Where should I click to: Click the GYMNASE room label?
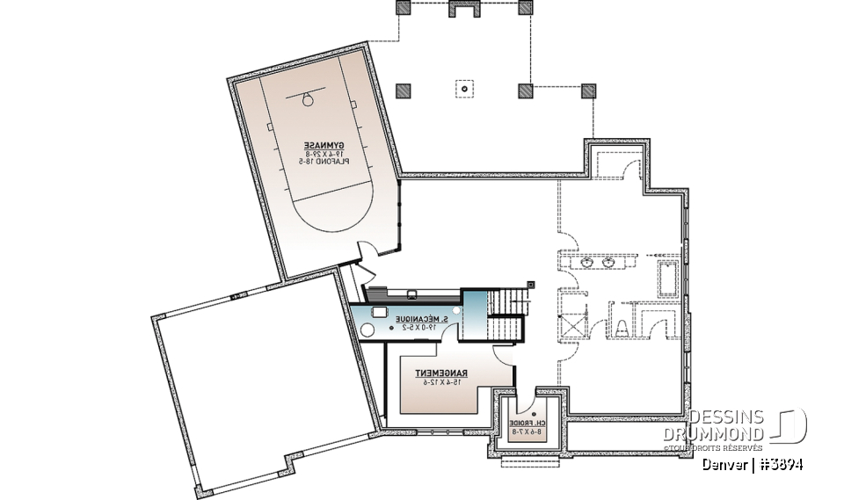click(x=324, y=145)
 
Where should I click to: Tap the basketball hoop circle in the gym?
click(x=309, y=99)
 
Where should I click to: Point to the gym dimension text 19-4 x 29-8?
click(x=324, y=154)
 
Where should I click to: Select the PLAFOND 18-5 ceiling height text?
click(x=324, y=162)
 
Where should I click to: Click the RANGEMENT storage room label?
click(x=441, y=373)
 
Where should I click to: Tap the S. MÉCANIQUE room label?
click(x=423, y=317)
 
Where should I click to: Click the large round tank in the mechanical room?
click(x=368, y=329)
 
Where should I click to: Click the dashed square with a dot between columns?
click(x=463, y=89)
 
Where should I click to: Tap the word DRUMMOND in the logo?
click(x=714, y=434)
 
